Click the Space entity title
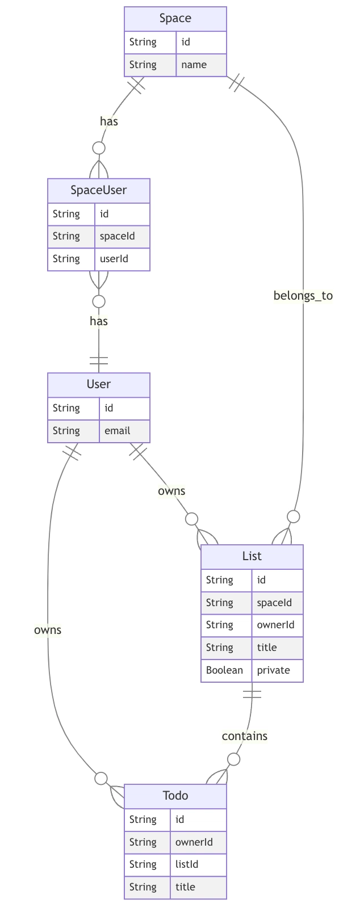click(x=175, y=19)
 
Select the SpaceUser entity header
click(x=99, y=190)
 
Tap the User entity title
click(x=99, y=384)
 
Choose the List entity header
click(x=252, y=556)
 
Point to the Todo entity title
click(x=175, y=796)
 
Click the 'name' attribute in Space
click(x=194, y=65)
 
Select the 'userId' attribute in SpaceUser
click(x=114, y=259)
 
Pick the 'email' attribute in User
click(x=118, y=431)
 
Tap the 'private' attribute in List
click(x=274, y=670)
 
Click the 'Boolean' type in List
click(x=224, y=670)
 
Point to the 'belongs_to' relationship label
click(x=303, y=296)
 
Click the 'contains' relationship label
click(x=245, y=736)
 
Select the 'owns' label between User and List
click(x=171, y=491)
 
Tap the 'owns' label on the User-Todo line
click(x=48, y=630)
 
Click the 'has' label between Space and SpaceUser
click(x=109, y=121)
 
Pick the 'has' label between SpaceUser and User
click(x=99, y=321)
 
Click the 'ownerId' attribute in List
click(x=277, y=625)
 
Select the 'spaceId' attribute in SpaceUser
click(x=118, y=236)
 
